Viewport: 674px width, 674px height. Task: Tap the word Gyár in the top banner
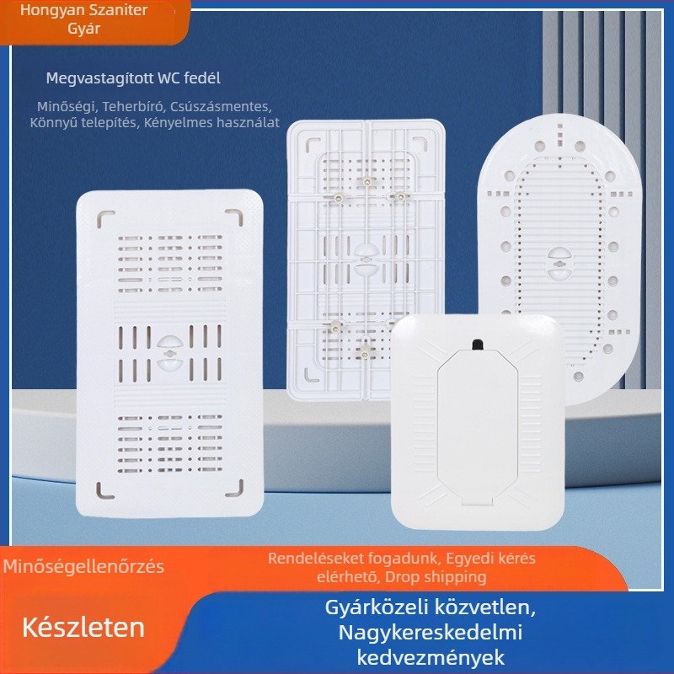point(83,29)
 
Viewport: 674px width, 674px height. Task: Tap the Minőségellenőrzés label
point(83,566)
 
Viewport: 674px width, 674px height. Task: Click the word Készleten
point(83,628)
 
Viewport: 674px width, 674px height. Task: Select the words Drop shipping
point(436,577)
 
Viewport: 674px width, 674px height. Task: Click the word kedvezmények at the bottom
point(431,658)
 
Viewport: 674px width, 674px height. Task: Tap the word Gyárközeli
point(373,607)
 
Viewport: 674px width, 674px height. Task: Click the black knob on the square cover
point(477,345)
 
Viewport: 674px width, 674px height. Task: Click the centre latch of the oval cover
point(559,263)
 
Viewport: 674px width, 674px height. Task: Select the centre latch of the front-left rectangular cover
point(170,352)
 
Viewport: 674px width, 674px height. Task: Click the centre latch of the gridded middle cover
point(365,259)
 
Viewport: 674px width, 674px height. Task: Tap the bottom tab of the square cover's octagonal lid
point(477,500)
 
